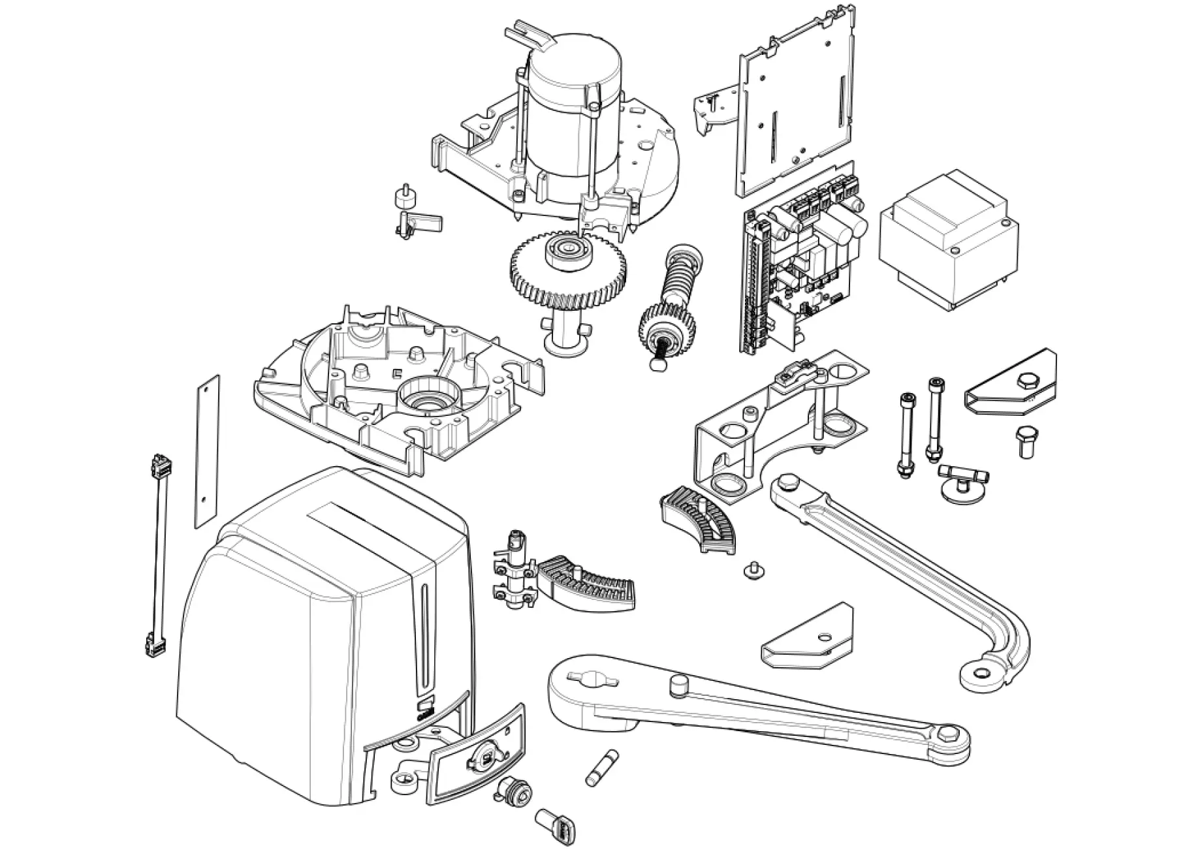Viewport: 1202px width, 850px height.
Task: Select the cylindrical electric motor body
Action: (x=573, y=124)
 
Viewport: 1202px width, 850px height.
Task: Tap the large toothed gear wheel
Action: (x=567, y=269)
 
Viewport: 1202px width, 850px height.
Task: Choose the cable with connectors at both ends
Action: (x=159, y=555)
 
